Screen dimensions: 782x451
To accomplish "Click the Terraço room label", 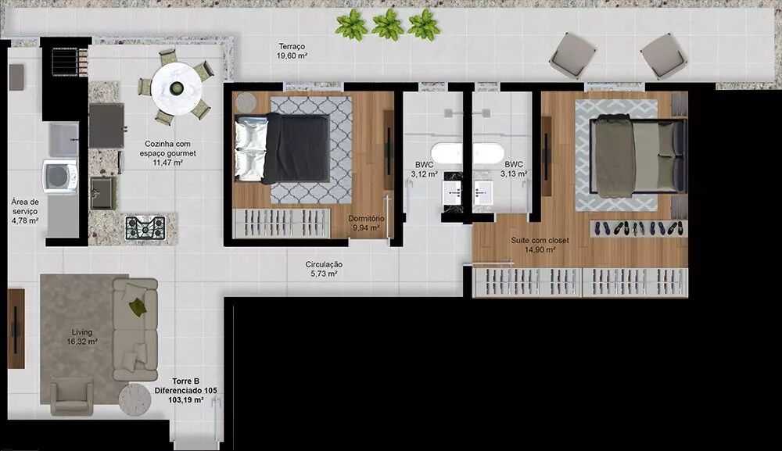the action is (x=292, y=46).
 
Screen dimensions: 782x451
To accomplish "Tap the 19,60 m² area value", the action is (x=292, y=55).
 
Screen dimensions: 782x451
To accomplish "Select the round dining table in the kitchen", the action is (x=177, y=88).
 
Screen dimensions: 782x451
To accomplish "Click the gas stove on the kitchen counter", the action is (x=145, y=227).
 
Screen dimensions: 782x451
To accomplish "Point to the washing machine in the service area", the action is (x=60, y=176).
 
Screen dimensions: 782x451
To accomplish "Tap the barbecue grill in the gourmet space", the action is (x=70, y=62).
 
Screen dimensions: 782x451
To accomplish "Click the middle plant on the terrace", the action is (x=388, y=25).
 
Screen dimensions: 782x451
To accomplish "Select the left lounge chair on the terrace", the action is (x=572, y=55).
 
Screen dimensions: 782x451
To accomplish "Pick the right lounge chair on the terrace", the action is (x=664, y=55).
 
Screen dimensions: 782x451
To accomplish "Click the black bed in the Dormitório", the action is (x=282, y=148).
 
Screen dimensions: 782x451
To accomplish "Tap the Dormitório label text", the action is (x=366, y=218).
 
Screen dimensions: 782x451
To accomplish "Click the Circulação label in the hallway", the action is (x=325, y=265).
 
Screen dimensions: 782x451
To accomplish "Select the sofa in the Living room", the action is (x=135, y=329).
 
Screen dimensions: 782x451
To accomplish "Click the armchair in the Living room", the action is (x=72, y=396).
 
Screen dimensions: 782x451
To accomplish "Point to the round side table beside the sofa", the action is (x=135, y=399).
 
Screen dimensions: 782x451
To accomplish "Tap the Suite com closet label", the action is (x=540, y=240).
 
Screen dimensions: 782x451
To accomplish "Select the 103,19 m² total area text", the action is (x=185, y=399).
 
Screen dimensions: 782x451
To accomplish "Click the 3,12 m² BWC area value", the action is (x=425, y=174).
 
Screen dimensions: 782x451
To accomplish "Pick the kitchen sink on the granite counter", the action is (x=103, y=193).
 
